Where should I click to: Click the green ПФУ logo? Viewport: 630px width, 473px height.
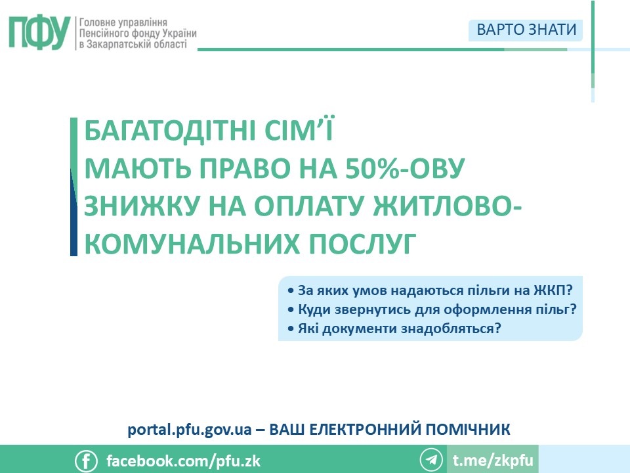(39, 33)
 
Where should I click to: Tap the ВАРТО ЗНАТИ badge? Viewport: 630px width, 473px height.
(526, 30)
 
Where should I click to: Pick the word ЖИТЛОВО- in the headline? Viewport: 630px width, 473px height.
(447, 206)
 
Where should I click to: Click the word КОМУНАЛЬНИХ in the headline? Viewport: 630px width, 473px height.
(192, 243)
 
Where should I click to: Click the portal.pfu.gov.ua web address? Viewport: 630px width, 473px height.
(190, 430)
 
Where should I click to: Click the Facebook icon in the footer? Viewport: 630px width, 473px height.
(86, 461)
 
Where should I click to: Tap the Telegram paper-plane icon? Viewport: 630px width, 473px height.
(431, 459)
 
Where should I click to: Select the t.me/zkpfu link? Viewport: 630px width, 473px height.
(493, 460)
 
